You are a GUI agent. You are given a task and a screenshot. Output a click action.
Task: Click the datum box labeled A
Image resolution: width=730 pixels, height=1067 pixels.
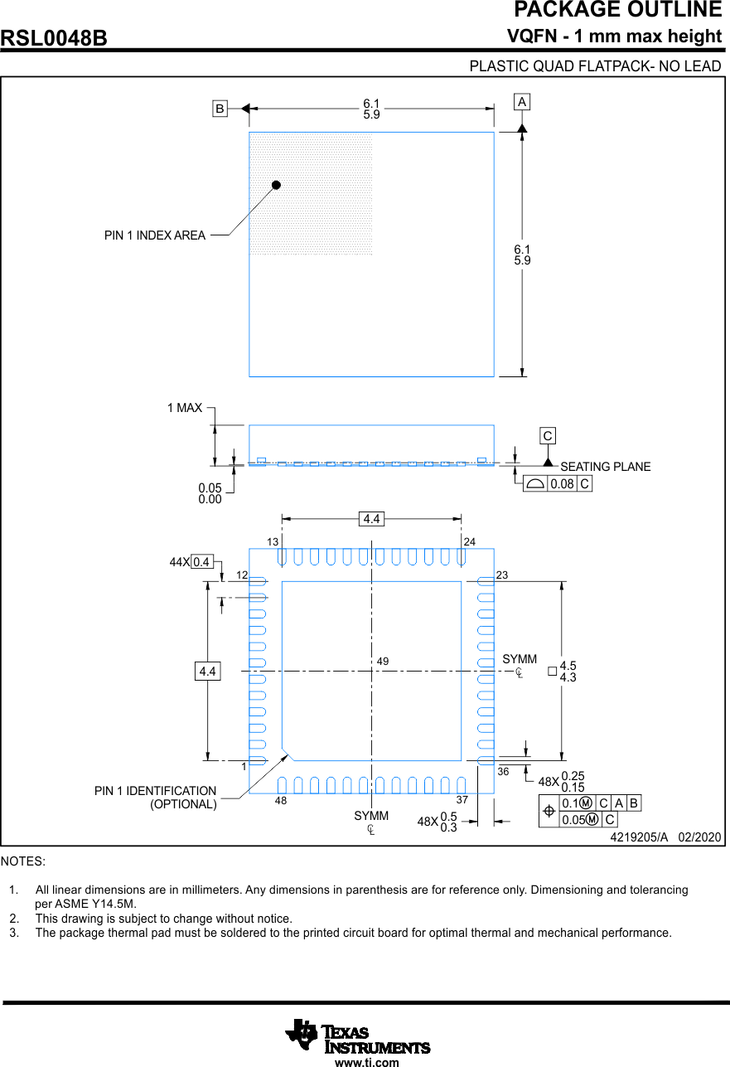click(522, 102)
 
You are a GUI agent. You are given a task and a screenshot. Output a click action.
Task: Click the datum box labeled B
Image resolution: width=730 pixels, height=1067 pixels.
click(220, 109)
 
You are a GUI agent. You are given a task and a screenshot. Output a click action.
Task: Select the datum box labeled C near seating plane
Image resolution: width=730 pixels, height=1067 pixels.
click(548, 436)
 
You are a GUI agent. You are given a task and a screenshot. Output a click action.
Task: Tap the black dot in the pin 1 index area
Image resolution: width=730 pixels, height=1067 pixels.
click(277, 185)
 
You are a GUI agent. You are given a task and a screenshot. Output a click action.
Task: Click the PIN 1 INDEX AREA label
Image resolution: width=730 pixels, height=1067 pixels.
click(155, 235)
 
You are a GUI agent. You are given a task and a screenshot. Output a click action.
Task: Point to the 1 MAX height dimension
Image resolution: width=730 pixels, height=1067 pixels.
click(184, 408)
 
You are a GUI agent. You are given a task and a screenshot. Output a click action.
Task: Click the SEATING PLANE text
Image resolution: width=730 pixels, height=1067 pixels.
click(605, 467)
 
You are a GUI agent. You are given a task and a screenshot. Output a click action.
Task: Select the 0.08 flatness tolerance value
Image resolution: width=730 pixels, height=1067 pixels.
click(562, 484)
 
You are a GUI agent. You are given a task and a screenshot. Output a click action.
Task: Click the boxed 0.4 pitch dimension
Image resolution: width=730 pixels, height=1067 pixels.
click(201, 562)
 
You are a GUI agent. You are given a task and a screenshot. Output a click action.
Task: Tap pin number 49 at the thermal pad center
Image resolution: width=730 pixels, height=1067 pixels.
click(383, 662)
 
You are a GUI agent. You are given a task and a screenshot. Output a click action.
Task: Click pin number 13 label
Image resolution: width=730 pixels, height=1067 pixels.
click(273, 541)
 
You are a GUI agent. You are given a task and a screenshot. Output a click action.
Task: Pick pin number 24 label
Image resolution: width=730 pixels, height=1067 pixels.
click(470, 541)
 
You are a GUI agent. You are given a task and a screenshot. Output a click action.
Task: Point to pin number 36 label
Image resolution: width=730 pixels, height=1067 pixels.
click(503, 772)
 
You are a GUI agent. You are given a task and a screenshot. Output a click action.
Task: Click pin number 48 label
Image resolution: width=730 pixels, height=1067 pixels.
click(281, 801)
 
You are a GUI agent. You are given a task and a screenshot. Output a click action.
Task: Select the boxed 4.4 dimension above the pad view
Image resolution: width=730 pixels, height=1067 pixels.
click(371, 519)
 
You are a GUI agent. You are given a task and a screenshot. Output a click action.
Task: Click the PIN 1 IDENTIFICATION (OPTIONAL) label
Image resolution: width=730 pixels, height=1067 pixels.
click(156, 798)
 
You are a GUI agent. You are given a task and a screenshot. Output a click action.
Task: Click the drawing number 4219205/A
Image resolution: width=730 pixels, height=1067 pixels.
click(638, 837)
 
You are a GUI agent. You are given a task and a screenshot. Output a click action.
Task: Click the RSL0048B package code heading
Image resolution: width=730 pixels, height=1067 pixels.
click(55, 39)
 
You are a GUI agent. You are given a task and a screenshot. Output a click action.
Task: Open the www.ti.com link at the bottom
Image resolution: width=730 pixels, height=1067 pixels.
click(366, 1062)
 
